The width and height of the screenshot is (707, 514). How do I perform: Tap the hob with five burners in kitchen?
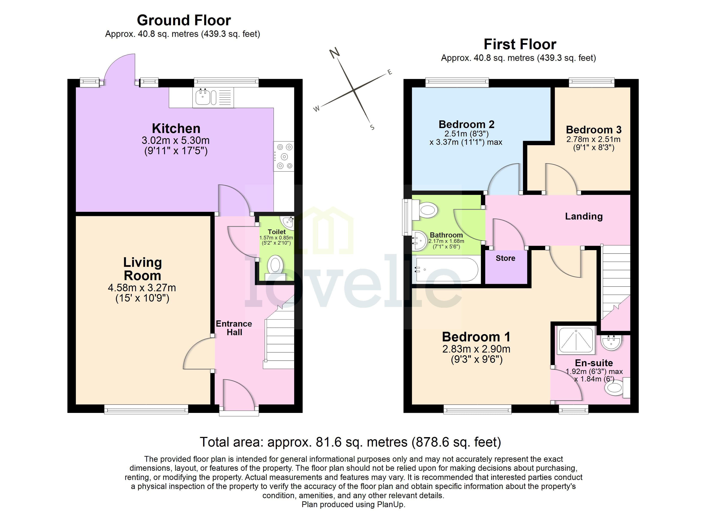pos(284,157)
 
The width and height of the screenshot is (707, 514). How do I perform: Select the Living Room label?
pos(142,269)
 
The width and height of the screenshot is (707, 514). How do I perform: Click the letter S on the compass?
pos(372,127)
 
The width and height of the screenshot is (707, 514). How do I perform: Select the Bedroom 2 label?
pos(466,124)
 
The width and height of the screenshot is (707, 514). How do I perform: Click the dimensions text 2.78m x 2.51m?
pos(593,139)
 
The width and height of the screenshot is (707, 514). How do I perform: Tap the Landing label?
pos(584,216)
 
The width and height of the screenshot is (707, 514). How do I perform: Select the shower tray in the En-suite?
pos(576,340)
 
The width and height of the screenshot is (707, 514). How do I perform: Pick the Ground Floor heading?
pos(184,21)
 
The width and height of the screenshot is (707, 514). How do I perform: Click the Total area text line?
pos(350,442)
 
